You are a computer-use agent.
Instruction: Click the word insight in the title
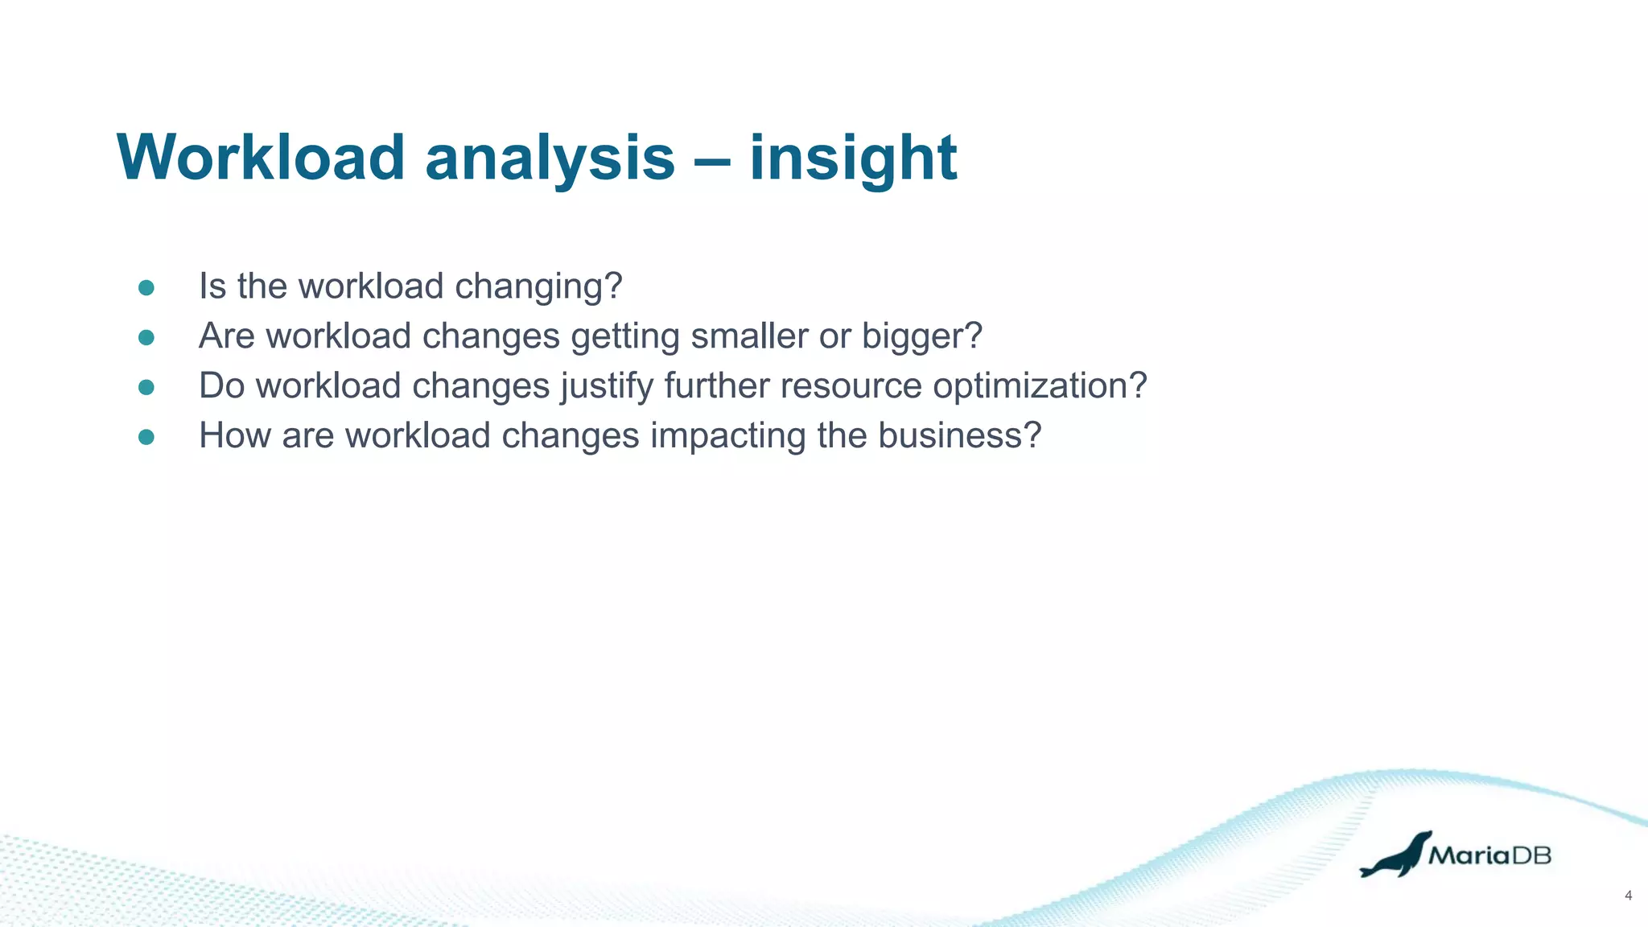point(853,157)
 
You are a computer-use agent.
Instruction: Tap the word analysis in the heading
point(550,157)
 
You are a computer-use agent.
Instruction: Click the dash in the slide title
point(712,159)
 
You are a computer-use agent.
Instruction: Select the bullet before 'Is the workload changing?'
point(146,288)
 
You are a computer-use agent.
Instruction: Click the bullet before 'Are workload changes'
point(146,337)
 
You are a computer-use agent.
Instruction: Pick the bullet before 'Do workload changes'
point(146,387)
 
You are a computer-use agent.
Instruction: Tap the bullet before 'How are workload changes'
point(146,437)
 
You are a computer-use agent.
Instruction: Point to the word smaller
point(749,336)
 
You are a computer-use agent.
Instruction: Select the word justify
point(607,387)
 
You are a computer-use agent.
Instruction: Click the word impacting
point(727,437)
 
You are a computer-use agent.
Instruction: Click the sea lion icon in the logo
point(1396,856)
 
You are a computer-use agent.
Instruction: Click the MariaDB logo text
point(1489,855)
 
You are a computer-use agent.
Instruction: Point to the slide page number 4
point(1628,896)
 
